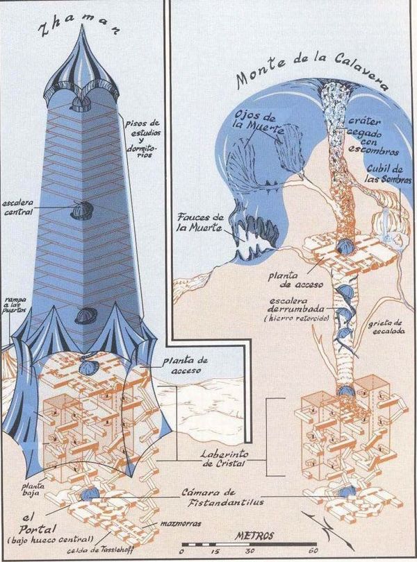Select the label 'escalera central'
point(17,207)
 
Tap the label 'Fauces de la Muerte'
point(201,222)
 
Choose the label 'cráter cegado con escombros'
point(373,136)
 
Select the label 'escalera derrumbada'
point(306,305)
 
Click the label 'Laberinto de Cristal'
point(224,459)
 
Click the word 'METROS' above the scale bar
point(254,536)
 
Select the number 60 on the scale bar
point(313,552)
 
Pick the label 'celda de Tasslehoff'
point(102,551)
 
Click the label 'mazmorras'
point(181,524)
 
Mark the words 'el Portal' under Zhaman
point(33,525)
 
